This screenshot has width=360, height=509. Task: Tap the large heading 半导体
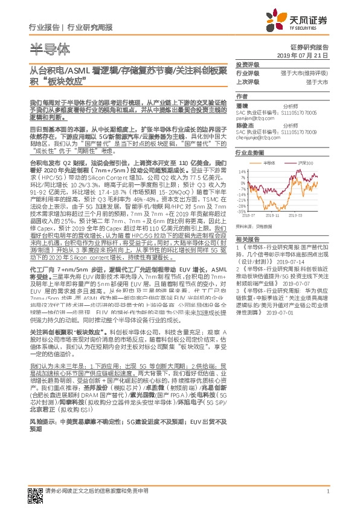(49, 48)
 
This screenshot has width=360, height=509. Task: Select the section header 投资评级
(248, 64)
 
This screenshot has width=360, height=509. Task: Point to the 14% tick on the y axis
(242, 172)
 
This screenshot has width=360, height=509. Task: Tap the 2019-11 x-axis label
(274, 216)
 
